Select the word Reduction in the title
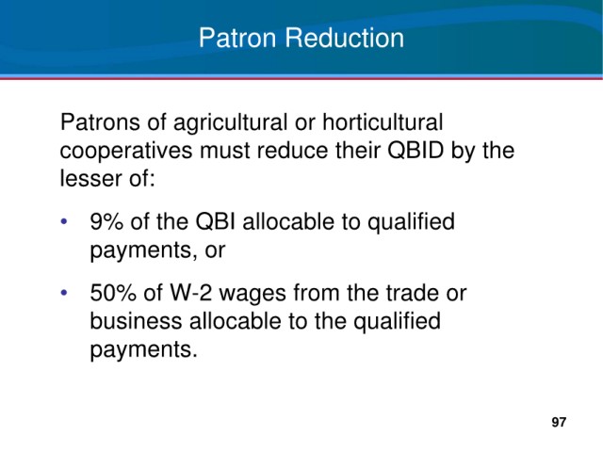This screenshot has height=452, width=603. coord(345,38)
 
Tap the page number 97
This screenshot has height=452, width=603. coord(559,422)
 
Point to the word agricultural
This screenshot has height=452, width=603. coord(230,123)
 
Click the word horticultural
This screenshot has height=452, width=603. coord(383,122)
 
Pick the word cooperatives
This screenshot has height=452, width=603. coord(125,151)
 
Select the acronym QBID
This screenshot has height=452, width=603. coord(416,151)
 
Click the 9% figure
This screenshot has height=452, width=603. coord(106,222)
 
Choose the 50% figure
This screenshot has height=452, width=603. coord(113,293)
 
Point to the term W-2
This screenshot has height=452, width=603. coord(190,293)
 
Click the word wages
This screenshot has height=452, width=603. coord(253,295)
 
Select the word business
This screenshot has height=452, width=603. coord(136,321)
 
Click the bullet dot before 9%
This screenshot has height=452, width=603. coord(64,222)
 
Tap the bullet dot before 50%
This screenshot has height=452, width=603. coord(64,293)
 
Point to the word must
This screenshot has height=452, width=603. coord(224,151)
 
